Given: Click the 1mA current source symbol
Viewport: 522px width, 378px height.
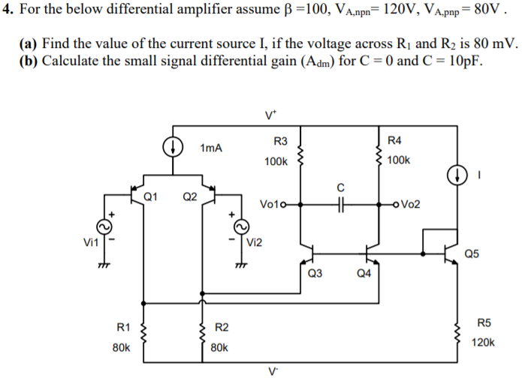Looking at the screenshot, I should coord(172,147).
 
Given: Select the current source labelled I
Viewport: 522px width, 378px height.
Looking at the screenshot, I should coord(457,175).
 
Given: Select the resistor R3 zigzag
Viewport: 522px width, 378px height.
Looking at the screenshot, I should coord(301,156).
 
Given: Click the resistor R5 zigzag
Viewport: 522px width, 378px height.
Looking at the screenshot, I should coord(457,331).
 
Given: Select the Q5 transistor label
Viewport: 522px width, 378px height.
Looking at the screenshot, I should coord(473,253).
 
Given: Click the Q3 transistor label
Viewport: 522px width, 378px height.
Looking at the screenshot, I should coord(315,273).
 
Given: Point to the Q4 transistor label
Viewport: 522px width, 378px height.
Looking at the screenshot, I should coord(364,273).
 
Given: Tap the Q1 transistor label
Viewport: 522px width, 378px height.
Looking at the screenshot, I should coord(149,197).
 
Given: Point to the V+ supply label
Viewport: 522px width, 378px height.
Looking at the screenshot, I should coord(270,115).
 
